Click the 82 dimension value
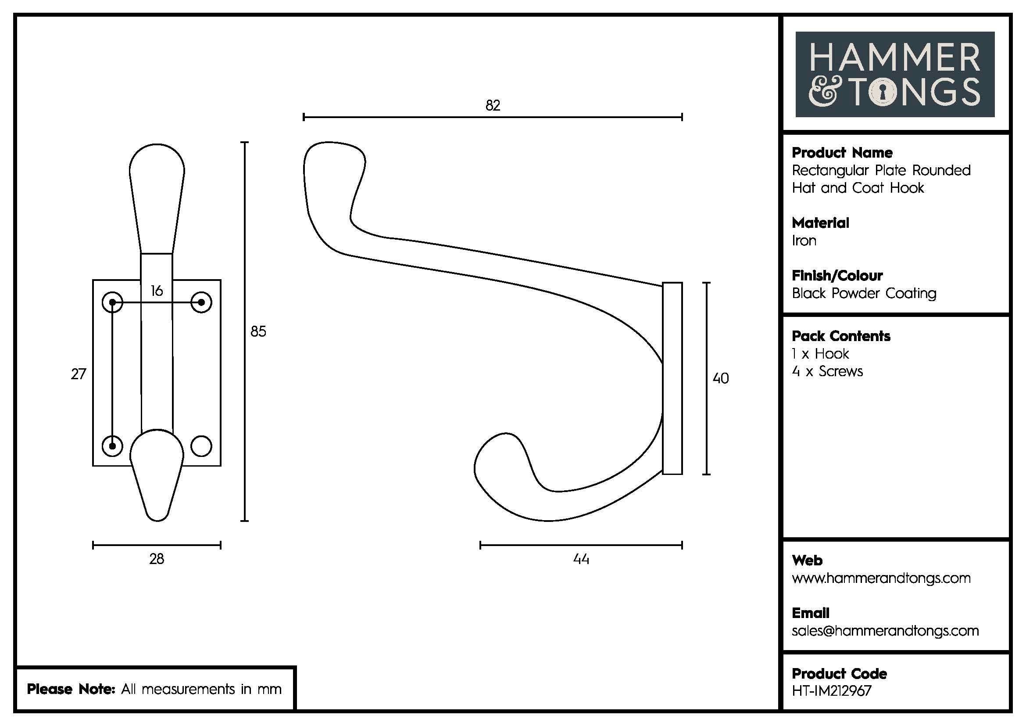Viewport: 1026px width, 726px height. tap(493, 105)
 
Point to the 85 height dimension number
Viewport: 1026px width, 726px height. tap(258, 331)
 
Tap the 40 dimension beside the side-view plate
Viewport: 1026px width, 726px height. tap(720, 378)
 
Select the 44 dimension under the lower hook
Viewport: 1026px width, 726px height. tap(581, 559)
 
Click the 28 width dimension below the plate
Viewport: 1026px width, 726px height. tap(157, 559)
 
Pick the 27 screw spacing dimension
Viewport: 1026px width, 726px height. tap(78, 374)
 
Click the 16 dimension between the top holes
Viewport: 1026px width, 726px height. tap(157, 291)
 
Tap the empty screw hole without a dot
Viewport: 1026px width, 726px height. tap(201, 446)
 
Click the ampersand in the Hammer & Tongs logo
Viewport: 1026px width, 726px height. tap(822, 93)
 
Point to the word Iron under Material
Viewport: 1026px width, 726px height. tap(804, 241)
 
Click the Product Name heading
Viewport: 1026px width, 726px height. tap(842, 153)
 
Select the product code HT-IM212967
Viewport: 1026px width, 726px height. tap(832, 691)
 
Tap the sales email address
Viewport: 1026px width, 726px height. tap(885, 631)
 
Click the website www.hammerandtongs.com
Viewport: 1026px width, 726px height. tap(881, 578)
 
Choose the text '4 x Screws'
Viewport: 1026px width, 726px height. tap(827, 371)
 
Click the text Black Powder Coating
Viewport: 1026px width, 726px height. tap(864, 293)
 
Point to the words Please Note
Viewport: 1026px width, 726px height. tap(71, 689)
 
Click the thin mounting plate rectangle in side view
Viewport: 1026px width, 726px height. tap(672, 378)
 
